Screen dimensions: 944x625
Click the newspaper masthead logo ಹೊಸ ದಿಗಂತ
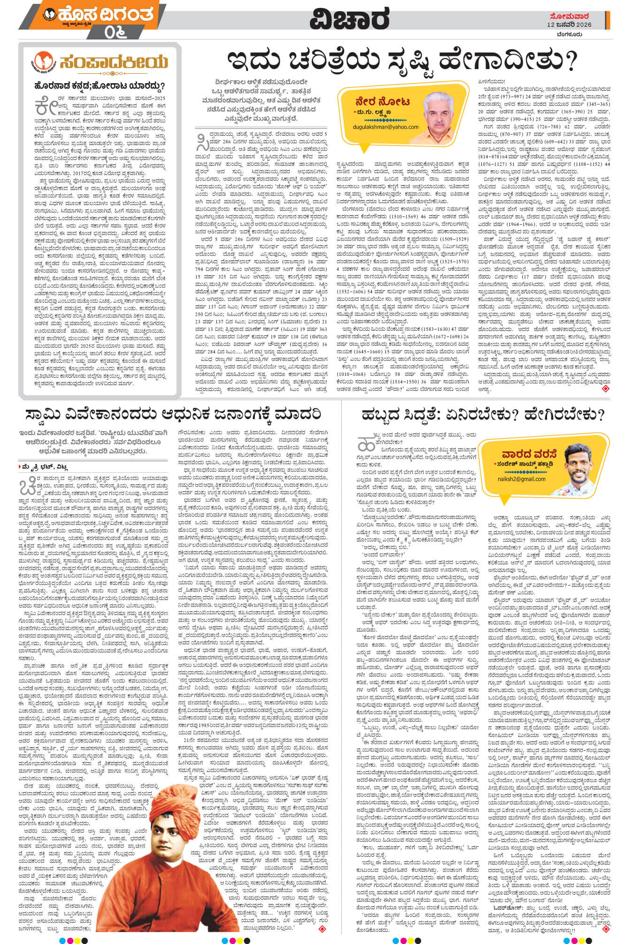tap(99, 15)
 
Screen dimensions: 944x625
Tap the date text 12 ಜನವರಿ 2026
tap(569, 24)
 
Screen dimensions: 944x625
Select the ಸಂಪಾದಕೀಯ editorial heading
tap(113, 62)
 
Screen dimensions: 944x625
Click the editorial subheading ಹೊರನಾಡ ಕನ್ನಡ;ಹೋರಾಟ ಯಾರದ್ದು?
tap(99, 86)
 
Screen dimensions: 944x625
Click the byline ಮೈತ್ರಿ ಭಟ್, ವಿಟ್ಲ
tap(46, 466)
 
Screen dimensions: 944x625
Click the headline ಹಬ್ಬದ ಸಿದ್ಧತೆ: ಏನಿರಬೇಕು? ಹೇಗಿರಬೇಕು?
tap(483, 414)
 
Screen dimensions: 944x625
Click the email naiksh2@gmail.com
tap(521, 479)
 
